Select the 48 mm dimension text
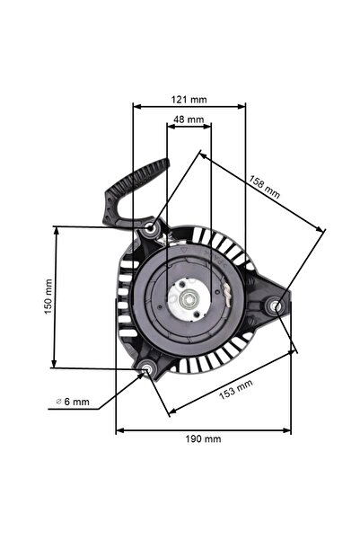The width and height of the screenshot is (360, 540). pyautogui.click(x=189, y=119)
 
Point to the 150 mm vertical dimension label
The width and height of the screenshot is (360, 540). pyautogui.click(x=48, y=296)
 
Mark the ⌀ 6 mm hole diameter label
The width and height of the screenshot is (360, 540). pyautogui.click(x=72, y=401)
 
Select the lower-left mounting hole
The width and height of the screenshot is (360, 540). pyautogui.click(x=145, y=367)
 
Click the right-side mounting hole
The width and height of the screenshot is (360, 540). pyautogui.click(x=276, y=306)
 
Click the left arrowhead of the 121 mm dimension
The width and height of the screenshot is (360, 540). pyautogui.click(x=136, y=106)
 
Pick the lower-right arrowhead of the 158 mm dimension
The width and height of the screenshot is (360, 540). pyautogui.click(x=321, y=230)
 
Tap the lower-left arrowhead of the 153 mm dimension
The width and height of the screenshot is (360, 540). pyautogui.click(x=171, y=412)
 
